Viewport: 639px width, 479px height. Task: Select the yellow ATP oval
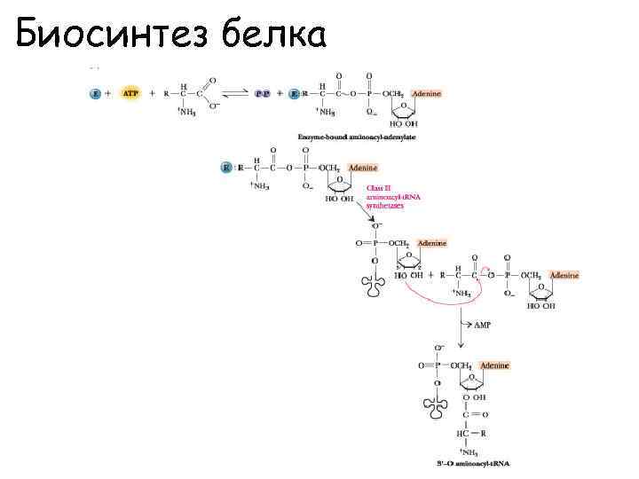click(130, 92)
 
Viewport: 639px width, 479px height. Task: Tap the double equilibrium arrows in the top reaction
click(234, 92)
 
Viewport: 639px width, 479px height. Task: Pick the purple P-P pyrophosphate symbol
click(263, 92)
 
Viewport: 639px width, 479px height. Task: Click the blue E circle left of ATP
click(96, 92)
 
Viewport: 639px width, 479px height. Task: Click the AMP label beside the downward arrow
click(481, 326)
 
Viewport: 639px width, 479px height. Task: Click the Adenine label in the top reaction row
click(423, 93)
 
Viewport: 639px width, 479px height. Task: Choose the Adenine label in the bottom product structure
click(494, 365)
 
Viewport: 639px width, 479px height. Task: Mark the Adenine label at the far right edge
click(564, 276)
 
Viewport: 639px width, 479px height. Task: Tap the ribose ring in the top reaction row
click(404, 110)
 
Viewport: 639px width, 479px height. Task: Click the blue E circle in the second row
click(226, 167)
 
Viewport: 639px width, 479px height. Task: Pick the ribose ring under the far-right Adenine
click(541, 292)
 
